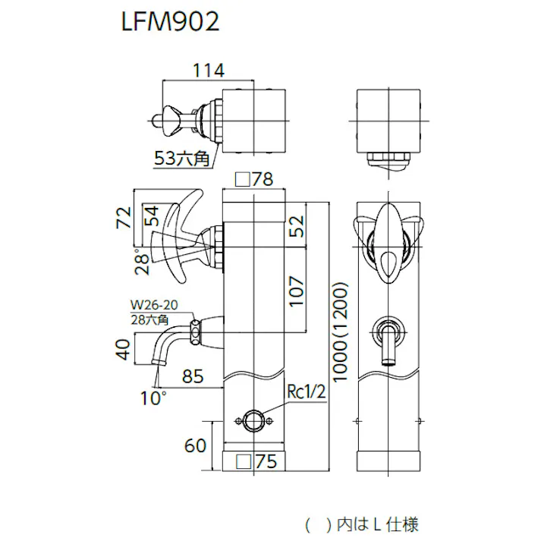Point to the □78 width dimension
tap(253, 179)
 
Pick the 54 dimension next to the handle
tap(150, 217)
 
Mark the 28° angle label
tap(141, 261)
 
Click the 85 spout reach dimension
tap(193, 375)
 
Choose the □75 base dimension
tap(256, 461)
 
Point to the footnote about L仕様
tap(361, 523)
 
